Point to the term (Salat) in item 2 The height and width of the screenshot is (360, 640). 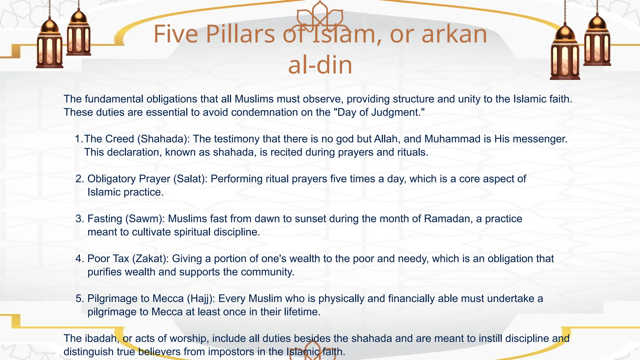click(190, 179)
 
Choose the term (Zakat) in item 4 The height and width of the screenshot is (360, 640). click(150, 259)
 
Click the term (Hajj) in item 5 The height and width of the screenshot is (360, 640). click(201, 298)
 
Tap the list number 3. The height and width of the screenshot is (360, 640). click(80, 219)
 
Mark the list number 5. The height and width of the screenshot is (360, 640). click(80, 298)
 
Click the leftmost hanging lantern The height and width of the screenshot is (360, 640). click(49, 44)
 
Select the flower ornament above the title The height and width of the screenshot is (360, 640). click(319, 16)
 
